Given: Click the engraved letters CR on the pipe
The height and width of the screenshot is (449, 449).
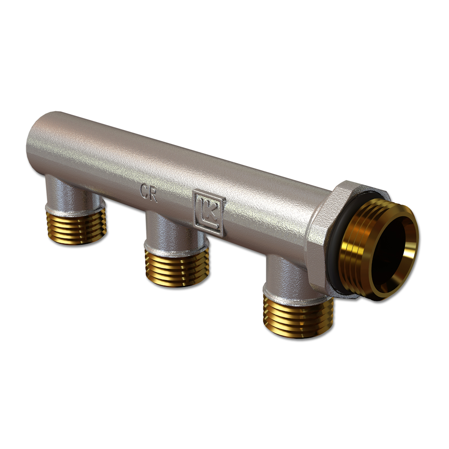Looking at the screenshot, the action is point(148,193).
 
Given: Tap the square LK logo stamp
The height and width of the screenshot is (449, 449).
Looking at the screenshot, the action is point(209,212).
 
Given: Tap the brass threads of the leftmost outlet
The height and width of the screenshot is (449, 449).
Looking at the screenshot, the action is point(76,226).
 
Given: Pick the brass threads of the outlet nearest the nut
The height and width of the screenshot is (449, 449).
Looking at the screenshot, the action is point(298,317).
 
